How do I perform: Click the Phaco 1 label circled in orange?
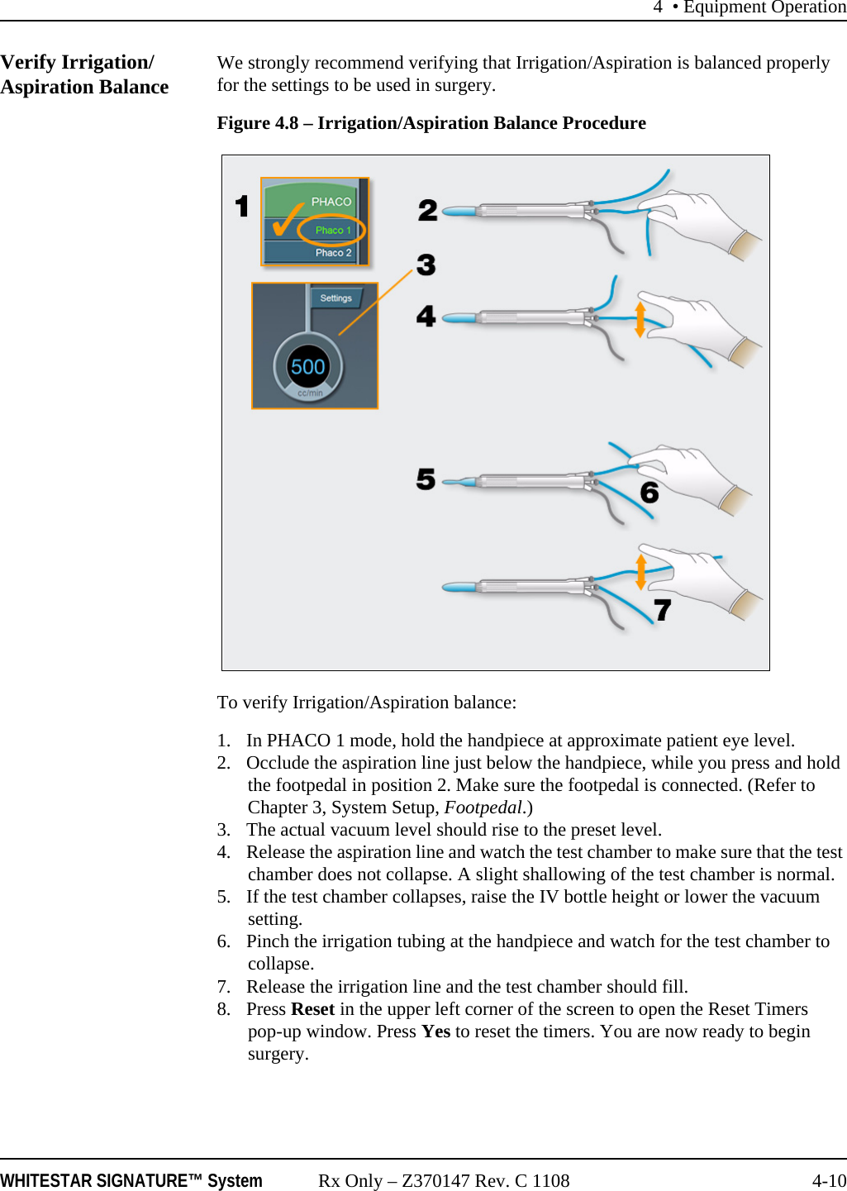(333, 230)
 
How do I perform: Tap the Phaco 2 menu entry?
(333, 253)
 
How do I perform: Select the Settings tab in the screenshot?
(335, 298)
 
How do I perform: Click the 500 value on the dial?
(308, 367)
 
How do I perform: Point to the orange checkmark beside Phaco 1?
(285, 221)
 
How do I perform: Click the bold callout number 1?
(241, 206)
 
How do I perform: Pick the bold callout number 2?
(427, 210)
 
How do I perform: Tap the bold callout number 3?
(426, 265)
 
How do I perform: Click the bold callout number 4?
(426, 316)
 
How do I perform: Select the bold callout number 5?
(426, 479)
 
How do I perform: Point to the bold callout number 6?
(650, 493)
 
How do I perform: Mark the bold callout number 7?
(662, 610)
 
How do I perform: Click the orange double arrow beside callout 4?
(640, 320)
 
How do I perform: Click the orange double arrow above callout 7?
(640, 572)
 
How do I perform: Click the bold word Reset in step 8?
(312, 1009)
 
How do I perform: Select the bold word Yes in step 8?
(435, 1031)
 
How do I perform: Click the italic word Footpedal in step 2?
(483, 807)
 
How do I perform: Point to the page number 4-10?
(828, 1180)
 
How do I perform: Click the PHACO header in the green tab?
(331, 202)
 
